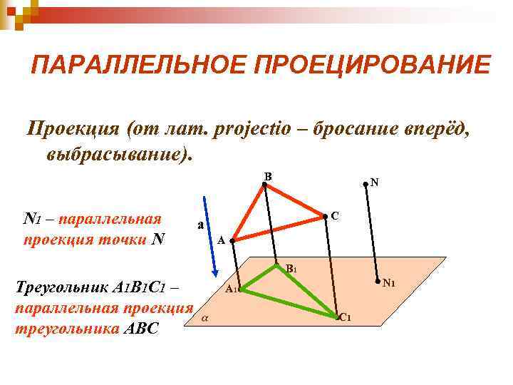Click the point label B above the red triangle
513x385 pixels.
coord(267,176)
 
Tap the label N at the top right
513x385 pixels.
coord(375,183)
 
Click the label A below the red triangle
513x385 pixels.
coord(221,241)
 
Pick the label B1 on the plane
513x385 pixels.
coord(291,269)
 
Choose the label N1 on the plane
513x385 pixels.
coord(389,284)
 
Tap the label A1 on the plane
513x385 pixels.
coord(231,289)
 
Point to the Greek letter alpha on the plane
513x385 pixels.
coord(205,317)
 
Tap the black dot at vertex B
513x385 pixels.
coord(263,185)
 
